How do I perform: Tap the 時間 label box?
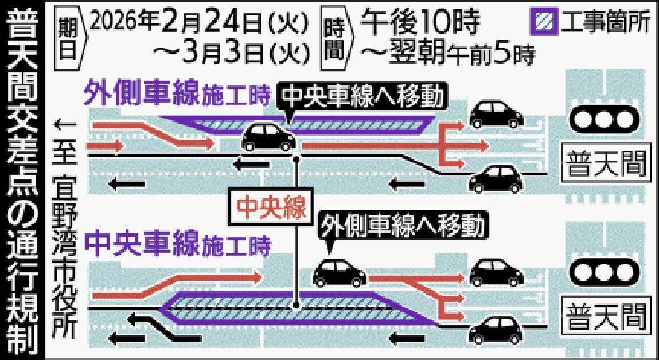point(334,36)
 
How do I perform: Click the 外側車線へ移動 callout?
point(401,225)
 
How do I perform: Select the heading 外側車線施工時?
point(177,95)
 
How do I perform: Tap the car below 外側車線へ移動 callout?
point(340,273)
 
